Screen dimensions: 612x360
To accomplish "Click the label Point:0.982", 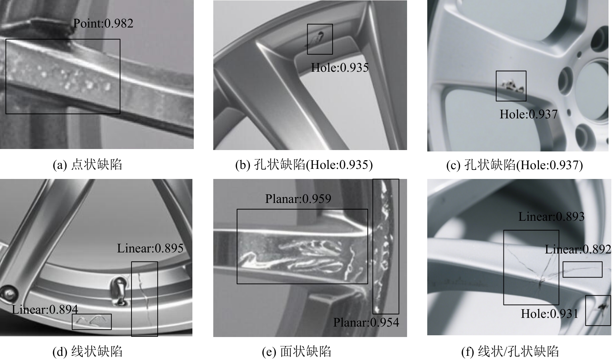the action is click(103, 23).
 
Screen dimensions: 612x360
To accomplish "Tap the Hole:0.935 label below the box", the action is click(340, 67).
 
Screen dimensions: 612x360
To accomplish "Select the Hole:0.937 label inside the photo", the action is click(528, 114).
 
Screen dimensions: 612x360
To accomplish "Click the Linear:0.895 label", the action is click(150, 248).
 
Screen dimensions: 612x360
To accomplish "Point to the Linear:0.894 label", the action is click(45, 310).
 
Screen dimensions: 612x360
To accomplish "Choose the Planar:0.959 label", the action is click(298, 199).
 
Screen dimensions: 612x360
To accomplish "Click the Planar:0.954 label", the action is click(366, 322).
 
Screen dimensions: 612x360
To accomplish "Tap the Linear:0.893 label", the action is click(551, 217).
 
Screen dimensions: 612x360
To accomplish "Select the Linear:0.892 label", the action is click(578, 249).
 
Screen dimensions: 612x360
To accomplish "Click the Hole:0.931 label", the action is click(549, 314).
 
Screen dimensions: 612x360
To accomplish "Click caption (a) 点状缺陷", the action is click(87, 165).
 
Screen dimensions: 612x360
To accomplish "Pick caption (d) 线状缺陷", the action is click(87, 352).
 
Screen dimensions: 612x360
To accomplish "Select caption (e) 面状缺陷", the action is click(296, 352).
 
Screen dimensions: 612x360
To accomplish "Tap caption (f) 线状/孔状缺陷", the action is click(510, 352).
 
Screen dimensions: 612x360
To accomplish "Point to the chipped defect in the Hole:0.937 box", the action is click(510, 85).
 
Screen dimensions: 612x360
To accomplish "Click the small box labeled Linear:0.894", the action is click(92, 314).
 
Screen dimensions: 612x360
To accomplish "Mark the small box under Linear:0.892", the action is click(582, 262).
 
